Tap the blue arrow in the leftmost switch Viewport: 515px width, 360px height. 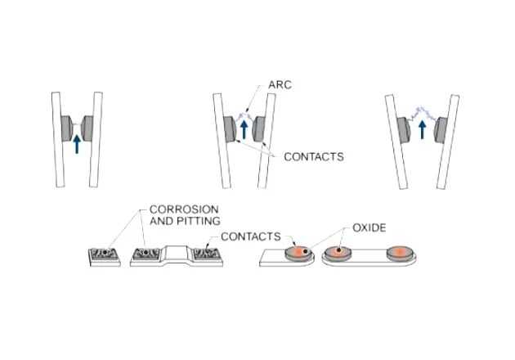coord(77,143)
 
